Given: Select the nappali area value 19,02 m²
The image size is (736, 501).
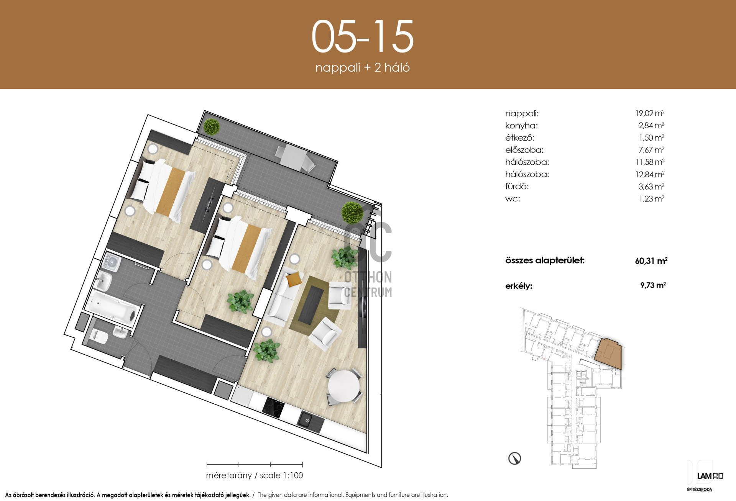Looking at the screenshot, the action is tap(650, 113).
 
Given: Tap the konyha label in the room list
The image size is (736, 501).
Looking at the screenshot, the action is tap(521, 126).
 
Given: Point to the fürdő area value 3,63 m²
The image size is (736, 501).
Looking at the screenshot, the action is tap(651, 187).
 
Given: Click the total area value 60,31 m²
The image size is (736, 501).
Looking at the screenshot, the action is tap(651, 261).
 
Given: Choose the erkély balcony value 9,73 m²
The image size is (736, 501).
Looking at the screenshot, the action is tap(653, 285).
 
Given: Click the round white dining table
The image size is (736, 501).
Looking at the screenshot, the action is tap(344, 386).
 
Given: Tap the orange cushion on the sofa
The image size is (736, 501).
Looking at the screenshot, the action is tap(294, 279).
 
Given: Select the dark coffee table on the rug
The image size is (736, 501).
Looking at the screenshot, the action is tap(311, 305).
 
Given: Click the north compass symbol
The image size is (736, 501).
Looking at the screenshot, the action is tap(514, 458).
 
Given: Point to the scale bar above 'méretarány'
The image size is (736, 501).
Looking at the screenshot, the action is tap(255, 465).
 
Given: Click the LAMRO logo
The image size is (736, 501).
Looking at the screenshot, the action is tap(710, 476).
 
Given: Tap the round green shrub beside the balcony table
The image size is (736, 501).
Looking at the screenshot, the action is tap(212, 127).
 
